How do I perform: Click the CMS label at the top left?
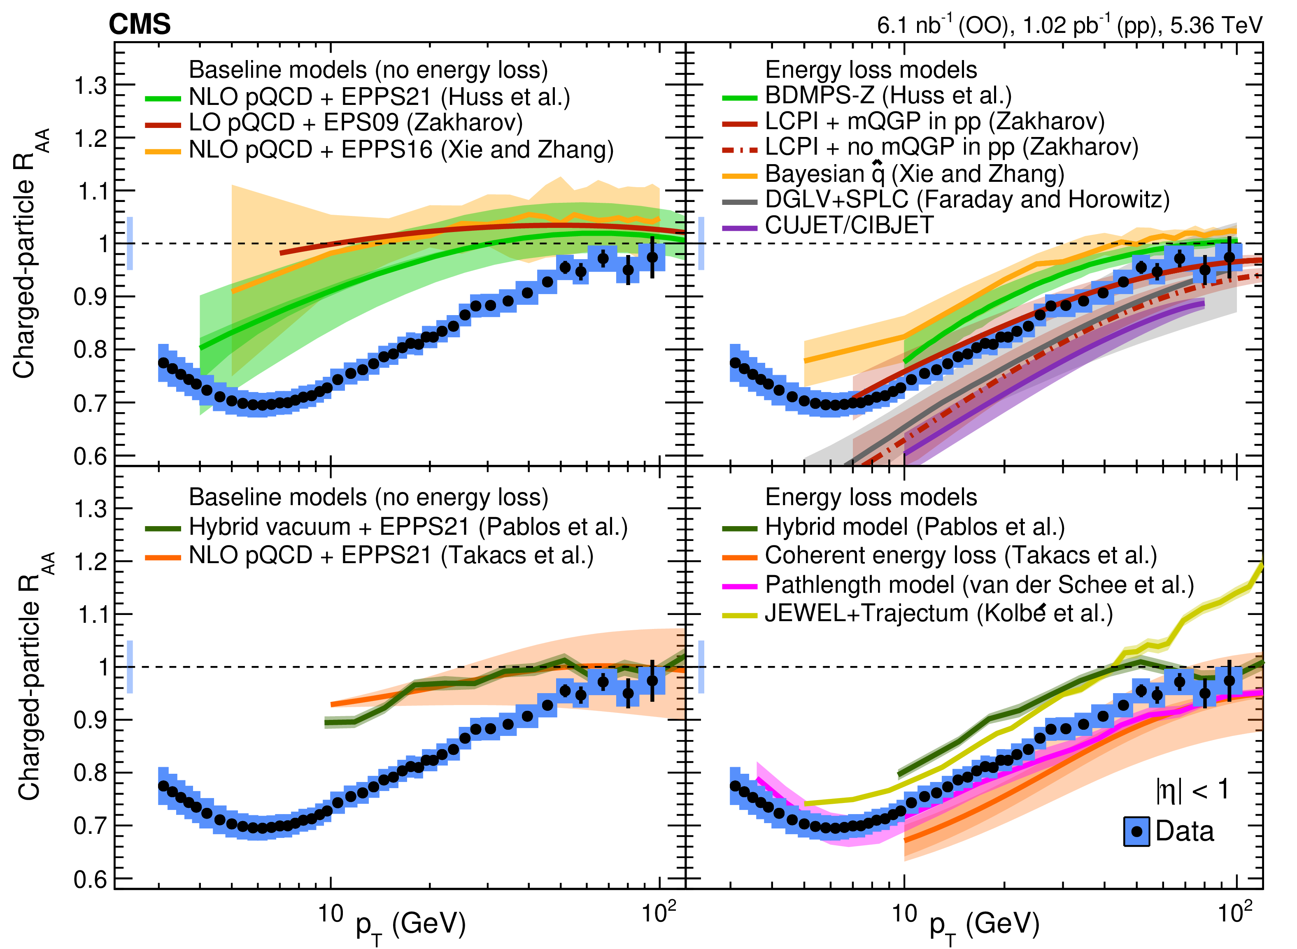coord(140,25)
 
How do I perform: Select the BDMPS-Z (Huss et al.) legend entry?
coord(888,96)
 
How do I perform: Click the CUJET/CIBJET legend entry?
coord(849,225)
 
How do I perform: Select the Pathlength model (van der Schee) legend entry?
coord(979,585)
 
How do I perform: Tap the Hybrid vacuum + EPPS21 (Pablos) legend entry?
coord(408,527)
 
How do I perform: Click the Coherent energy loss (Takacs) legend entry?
coord(961,555)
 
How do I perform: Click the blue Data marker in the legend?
coord(1136,831)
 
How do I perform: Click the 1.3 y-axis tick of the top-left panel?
coord(91,86)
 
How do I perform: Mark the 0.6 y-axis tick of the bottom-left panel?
coord(91,879)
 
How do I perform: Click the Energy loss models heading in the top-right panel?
coord(871,70)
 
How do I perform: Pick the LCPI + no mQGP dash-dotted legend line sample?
coord(740,148)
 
